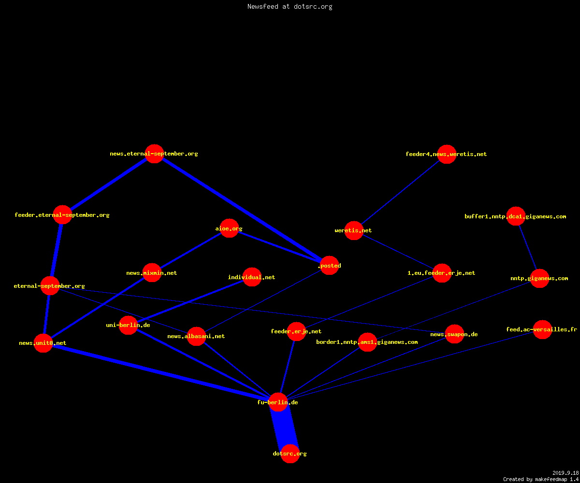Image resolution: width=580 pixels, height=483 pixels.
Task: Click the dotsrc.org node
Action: coord(290,454)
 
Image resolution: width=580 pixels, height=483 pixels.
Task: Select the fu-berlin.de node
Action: coord(278,402)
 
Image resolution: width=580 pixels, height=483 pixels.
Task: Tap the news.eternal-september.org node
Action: coord(155,154)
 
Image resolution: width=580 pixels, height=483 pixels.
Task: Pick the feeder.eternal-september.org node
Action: coord(62,214)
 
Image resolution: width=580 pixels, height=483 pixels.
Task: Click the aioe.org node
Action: coord(229,228)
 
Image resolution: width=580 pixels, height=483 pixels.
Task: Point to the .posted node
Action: coord(329,265)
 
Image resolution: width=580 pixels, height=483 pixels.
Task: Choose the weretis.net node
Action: coord(354,230)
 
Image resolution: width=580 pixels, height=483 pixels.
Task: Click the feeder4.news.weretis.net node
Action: coord(447,154)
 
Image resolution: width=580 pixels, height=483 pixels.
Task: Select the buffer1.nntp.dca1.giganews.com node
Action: coord(516,216)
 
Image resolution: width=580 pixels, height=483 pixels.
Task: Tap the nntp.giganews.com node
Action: coord(540,278)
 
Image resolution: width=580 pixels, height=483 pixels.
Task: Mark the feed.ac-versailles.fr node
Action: coord(542,329)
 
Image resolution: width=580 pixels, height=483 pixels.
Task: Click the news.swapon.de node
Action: coord(454,334)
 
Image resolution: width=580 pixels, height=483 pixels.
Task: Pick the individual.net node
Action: coord(252,277)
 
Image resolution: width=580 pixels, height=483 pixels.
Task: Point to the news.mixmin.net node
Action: coord(152,272)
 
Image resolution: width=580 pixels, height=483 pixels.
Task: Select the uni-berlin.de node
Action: coord(129,325)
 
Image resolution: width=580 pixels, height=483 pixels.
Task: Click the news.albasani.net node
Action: coord(196,337)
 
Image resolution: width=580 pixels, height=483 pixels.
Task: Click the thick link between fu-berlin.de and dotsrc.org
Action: coord(284,428)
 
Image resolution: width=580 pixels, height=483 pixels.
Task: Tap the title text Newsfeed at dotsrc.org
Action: coord(290,6)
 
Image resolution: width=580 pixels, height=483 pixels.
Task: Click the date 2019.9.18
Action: coord(565,473)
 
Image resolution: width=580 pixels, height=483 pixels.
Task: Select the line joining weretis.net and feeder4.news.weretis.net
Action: coord(400,192)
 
